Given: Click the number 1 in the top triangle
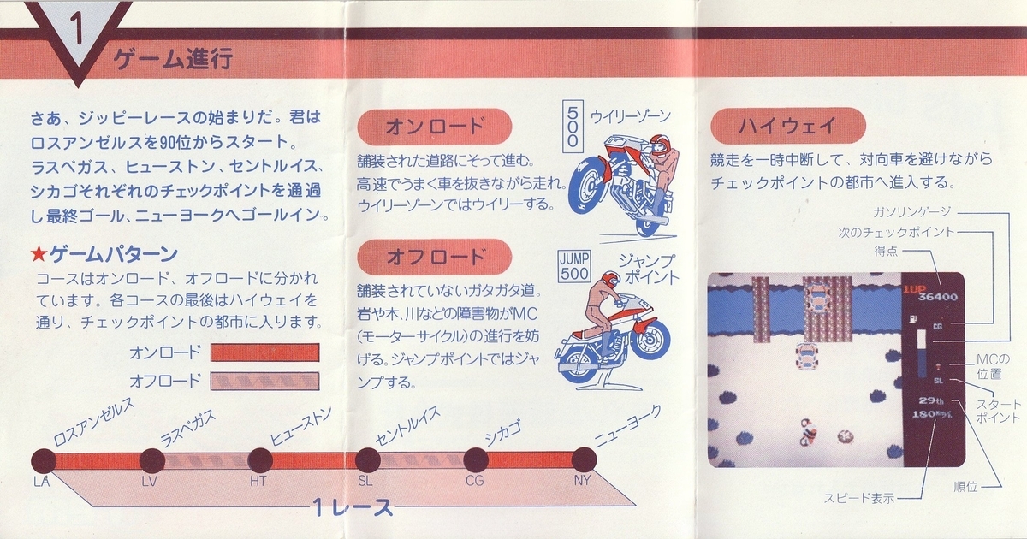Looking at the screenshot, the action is (76, 29).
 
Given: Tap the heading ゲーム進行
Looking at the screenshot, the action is (173, 59).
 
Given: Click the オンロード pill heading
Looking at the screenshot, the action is (434, 127).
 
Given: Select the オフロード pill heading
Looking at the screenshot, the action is (434, 257).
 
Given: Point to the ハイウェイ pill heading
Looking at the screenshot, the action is (788, 126).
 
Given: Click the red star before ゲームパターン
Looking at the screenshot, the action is (39, 254).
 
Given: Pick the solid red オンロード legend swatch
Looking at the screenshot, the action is (264, 352).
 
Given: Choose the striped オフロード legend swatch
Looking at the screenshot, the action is (264, 381).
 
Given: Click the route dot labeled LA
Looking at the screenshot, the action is (44, 460).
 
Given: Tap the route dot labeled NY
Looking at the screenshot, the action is (584, 459).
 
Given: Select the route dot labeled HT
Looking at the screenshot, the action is (260, 460).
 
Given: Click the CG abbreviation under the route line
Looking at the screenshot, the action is (474, 481).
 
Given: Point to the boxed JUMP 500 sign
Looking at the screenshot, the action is (574, 266).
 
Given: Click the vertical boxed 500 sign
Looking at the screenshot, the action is (573, 126).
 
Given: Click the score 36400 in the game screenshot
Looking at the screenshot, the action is (938, 297).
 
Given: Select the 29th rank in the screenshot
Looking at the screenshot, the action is (931, 400).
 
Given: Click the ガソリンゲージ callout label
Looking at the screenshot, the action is (912, 212).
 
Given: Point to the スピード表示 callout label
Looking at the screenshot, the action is (858, 498).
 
